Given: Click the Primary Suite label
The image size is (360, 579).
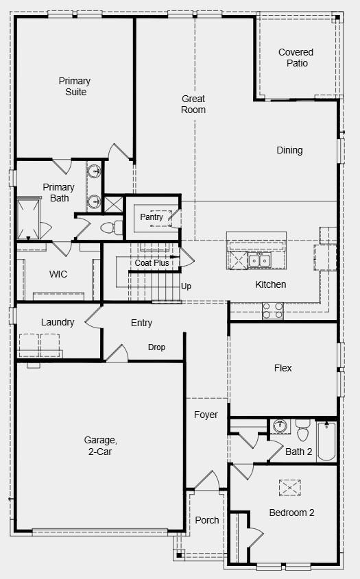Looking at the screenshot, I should (74, 86).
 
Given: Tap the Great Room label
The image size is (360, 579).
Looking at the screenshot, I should (193, 104).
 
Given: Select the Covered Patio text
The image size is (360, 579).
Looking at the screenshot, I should (296, 58).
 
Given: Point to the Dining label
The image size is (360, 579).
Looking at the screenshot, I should (289, 150).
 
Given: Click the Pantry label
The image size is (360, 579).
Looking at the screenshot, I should (152, 217).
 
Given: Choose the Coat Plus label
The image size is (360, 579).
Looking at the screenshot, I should (152, 262).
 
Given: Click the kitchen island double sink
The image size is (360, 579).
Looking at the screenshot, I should (259, 260).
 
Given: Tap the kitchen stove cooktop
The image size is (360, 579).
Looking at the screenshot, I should (273, 309).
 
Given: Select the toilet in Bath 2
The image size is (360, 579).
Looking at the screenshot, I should (302, 431).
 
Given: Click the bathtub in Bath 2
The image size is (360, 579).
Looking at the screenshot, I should (326, 441).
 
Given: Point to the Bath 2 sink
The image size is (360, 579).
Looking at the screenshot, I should (279, 426).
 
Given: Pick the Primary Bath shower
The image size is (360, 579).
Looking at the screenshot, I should (29, 218).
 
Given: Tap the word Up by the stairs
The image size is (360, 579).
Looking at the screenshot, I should (186, 286).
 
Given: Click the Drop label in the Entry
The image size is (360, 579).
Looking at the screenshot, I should (156, 347).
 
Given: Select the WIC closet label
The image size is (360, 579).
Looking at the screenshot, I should (58, 274).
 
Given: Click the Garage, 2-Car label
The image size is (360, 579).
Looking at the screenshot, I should (101, 445).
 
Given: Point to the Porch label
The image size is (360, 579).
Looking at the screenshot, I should (207, 520).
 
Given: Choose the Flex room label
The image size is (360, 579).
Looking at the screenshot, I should (283, 368).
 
